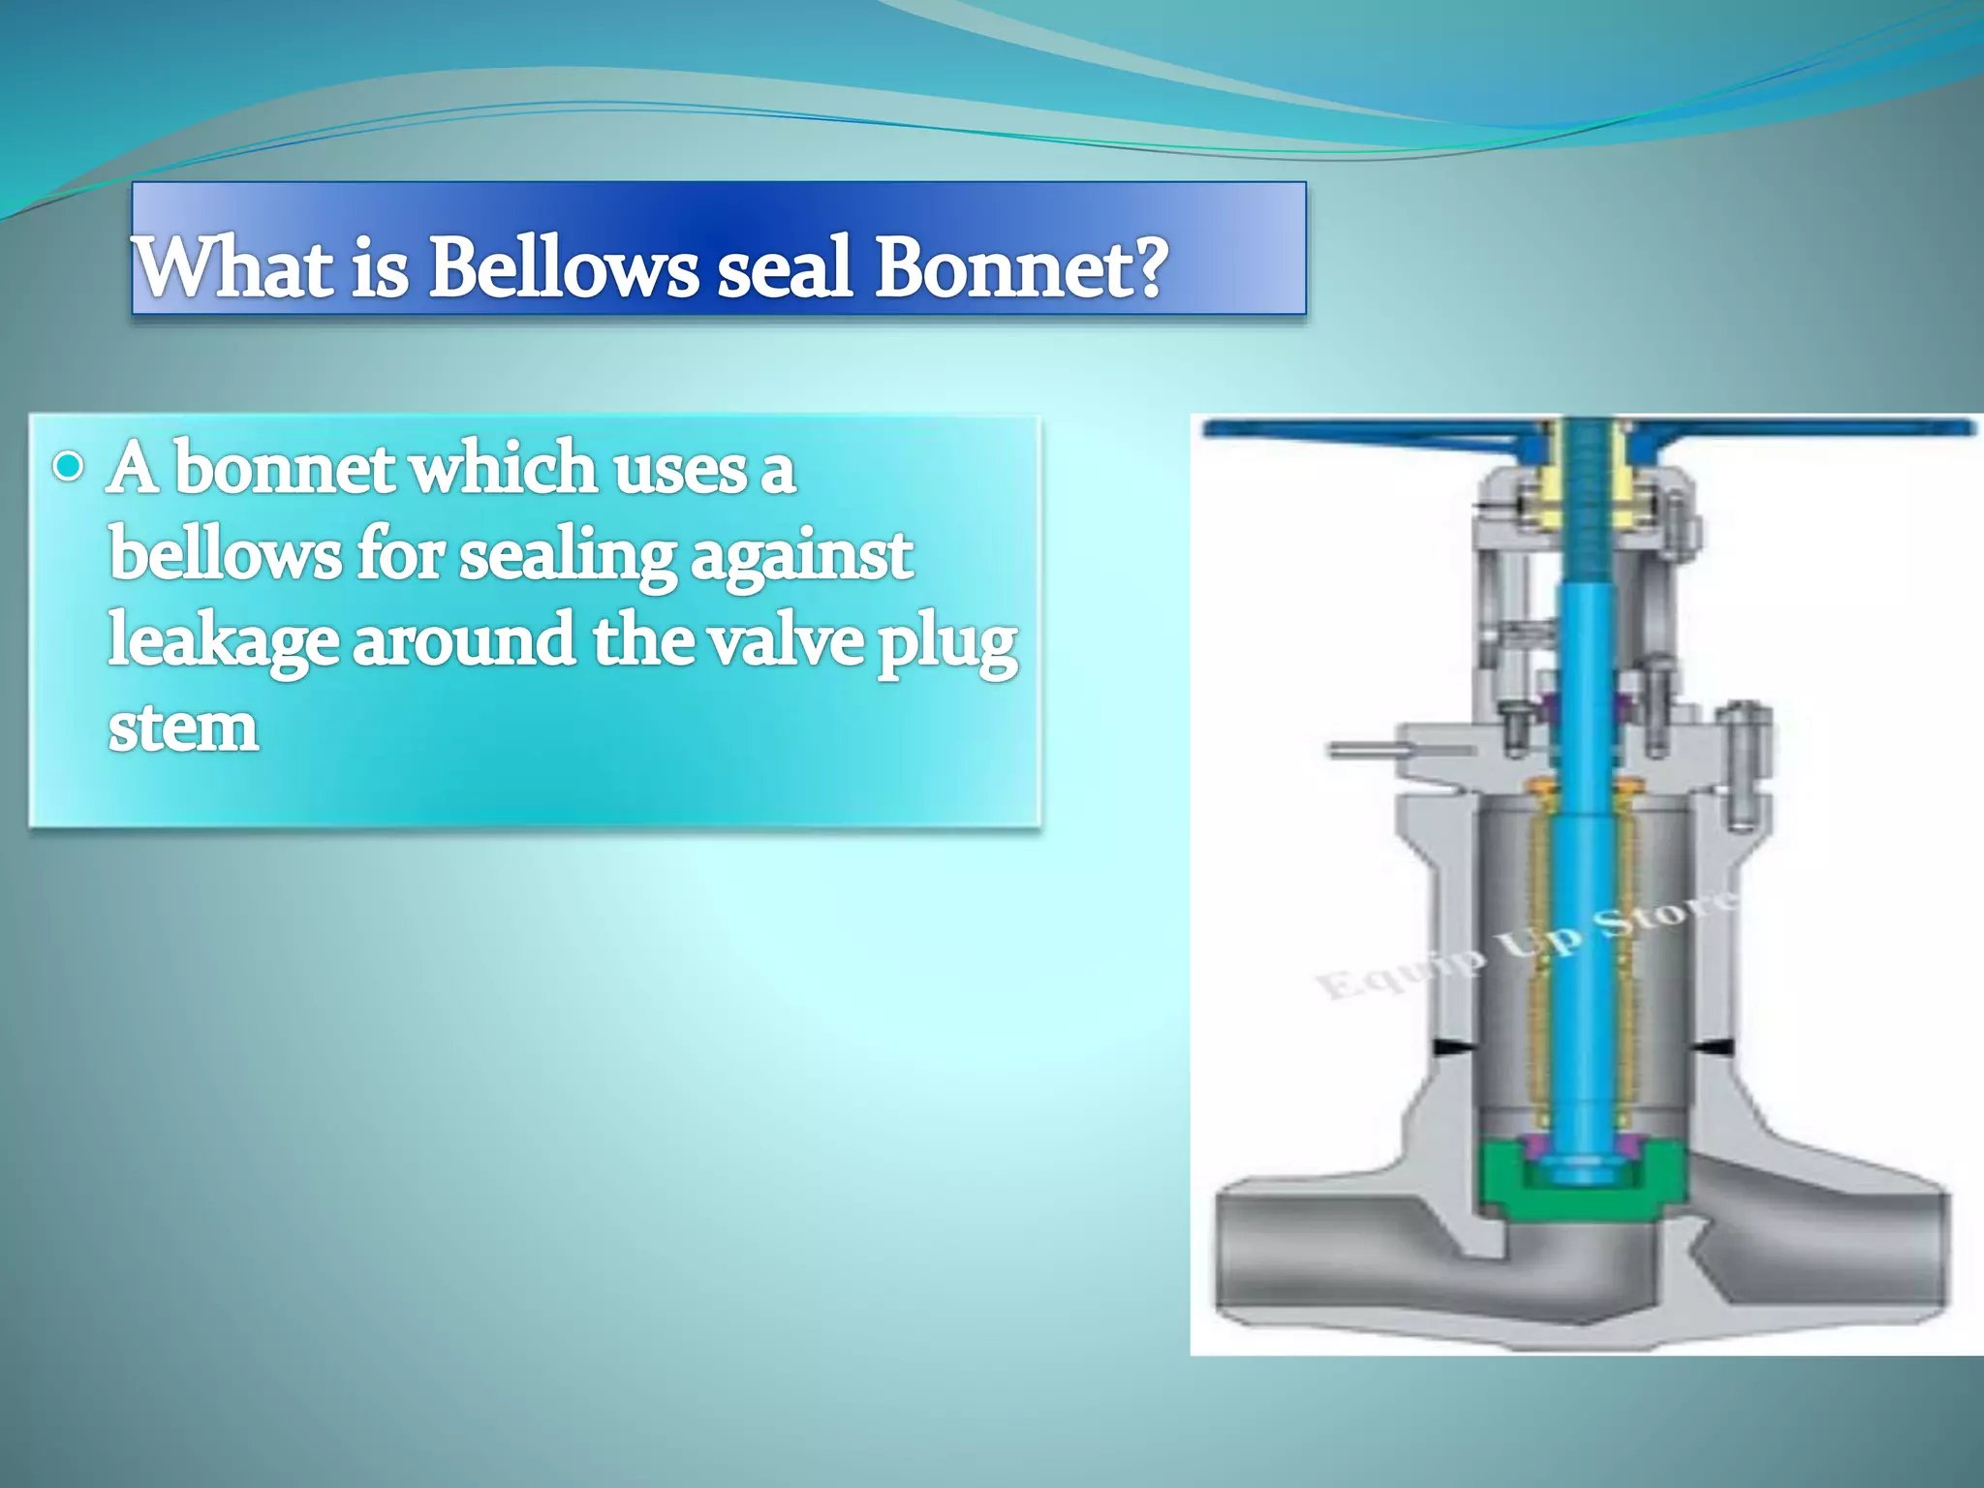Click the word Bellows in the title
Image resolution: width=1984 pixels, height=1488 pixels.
coord(563,266)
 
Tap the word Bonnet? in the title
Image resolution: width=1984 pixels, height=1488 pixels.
coord(1022,266)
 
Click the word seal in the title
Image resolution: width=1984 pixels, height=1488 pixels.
coord(786,266)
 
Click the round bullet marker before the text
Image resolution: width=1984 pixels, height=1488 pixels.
coord(69,468)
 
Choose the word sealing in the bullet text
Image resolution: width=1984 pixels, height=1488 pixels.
coord(567,557)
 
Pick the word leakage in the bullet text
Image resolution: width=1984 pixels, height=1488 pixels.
coord(223,641)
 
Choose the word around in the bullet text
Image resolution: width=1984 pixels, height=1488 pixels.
coord(464,641)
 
